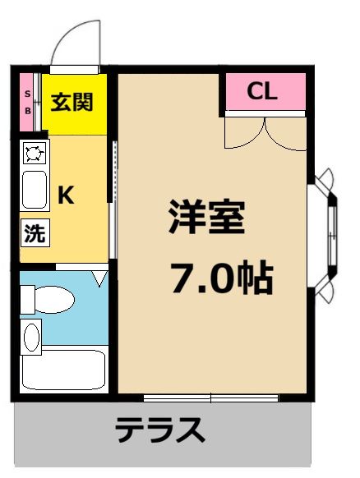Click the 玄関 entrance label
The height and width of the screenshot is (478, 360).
coord(72,103)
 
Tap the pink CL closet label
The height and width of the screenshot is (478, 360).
coord(262,92)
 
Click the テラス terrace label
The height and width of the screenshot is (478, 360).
coord(159,430)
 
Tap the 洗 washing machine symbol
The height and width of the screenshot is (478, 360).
coord(34,233)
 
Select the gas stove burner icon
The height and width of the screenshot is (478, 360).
coord(35,152)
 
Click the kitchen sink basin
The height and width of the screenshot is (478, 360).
coord(35,191)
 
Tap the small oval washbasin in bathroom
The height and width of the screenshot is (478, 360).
coord(31,336)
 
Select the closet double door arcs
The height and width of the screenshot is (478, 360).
coord(265,131)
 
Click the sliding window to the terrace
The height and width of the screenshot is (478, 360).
coord(210,398)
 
